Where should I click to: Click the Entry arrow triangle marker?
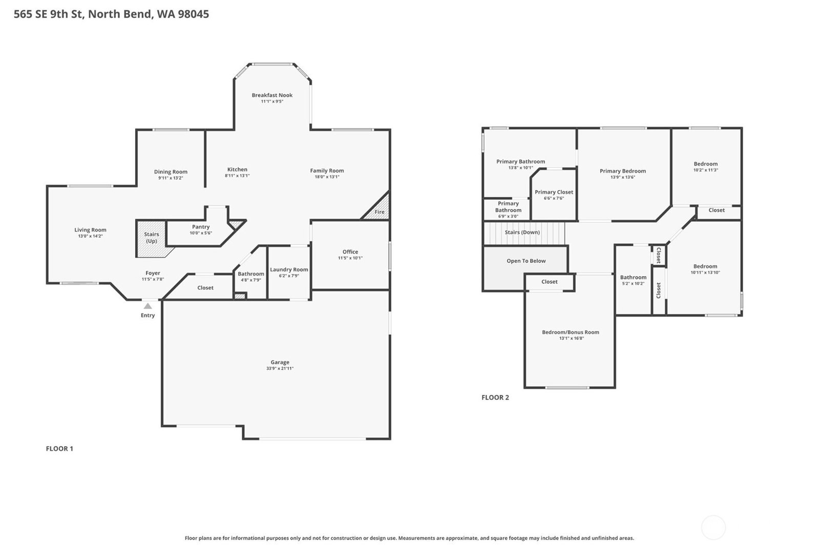point(148,306)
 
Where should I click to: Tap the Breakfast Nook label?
point(272,95)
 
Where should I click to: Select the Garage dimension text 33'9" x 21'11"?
point(280,369)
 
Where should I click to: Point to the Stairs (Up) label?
point(152,237)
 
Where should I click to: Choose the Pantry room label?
point(201,227)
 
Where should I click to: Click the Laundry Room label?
point(289,269)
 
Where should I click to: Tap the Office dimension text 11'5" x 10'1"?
point(350,258)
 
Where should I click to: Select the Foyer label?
point(153,273)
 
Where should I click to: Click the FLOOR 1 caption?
point(59,449)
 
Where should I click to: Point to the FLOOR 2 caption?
point(495,397)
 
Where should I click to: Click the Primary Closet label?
point(554,192)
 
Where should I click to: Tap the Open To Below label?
point(526,261)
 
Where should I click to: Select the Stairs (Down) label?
point(522,232)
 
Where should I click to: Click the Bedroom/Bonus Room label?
point(571,332)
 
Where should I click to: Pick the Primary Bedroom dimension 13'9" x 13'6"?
point(623,177)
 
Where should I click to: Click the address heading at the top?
point(112,14)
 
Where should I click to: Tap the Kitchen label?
point(237,170)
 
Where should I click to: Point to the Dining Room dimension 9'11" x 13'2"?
point(171,178)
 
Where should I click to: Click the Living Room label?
point(90,229)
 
